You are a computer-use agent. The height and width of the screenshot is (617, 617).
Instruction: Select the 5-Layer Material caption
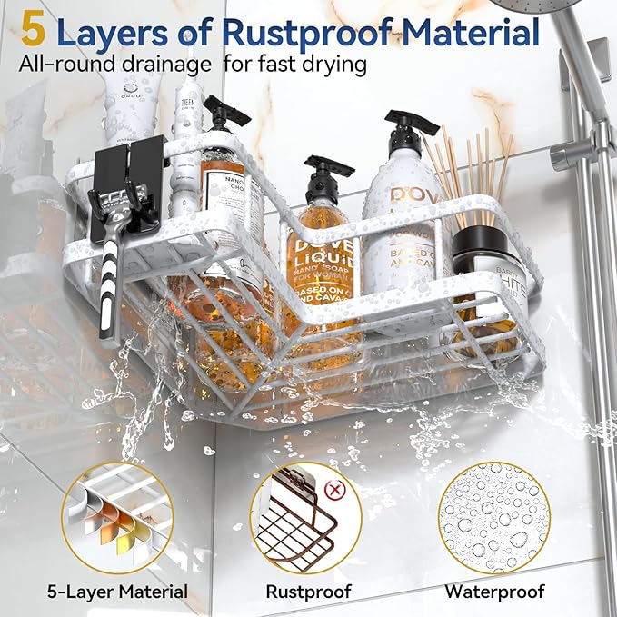[118, 592]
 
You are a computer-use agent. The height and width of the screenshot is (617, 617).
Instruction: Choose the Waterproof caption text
[494, 592]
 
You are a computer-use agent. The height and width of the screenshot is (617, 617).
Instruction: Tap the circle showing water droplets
[494, 516]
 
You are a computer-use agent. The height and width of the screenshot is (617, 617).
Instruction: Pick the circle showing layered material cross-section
[118, 516]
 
